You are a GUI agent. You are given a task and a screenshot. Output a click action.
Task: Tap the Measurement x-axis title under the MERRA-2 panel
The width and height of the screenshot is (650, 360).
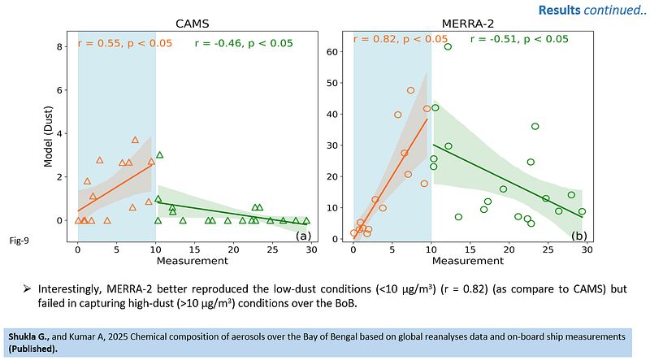(x=469, y=261)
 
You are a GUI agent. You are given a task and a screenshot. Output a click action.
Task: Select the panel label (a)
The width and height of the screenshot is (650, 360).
(x=303, y=236)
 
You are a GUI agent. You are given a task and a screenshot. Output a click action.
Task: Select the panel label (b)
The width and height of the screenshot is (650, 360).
(x=579, y=236)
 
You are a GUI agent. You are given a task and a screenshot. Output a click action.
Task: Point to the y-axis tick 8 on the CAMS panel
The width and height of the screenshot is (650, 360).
(x=60, y=47)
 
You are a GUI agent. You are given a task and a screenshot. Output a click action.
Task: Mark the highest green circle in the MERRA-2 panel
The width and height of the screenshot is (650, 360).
(x=448, y=47)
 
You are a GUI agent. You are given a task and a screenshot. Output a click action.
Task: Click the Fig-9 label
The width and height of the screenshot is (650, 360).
(x=19, y=239)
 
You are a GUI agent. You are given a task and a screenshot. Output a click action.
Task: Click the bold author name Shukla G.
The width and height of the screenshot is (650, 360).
(x=28, y=336)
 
